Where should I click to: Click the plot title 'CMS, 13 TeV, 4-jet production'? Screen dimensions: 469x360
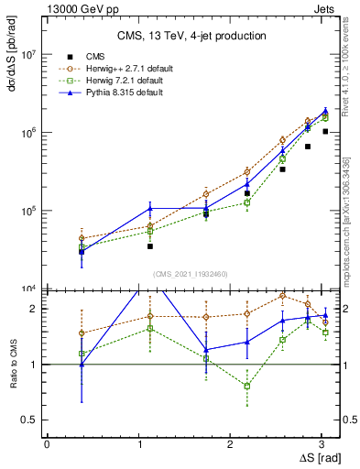coord(190,36)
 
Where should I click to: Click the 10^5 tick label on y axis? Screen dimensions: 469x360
coord(28,211)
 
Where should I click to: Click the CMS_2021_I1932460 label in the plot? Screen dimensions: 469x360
coord(190,273)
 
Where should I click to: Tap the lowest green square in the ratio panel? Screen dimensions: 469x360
coord(247,387)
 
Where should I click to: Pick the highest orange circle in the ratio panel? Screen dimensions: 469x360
coord(283,296)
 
